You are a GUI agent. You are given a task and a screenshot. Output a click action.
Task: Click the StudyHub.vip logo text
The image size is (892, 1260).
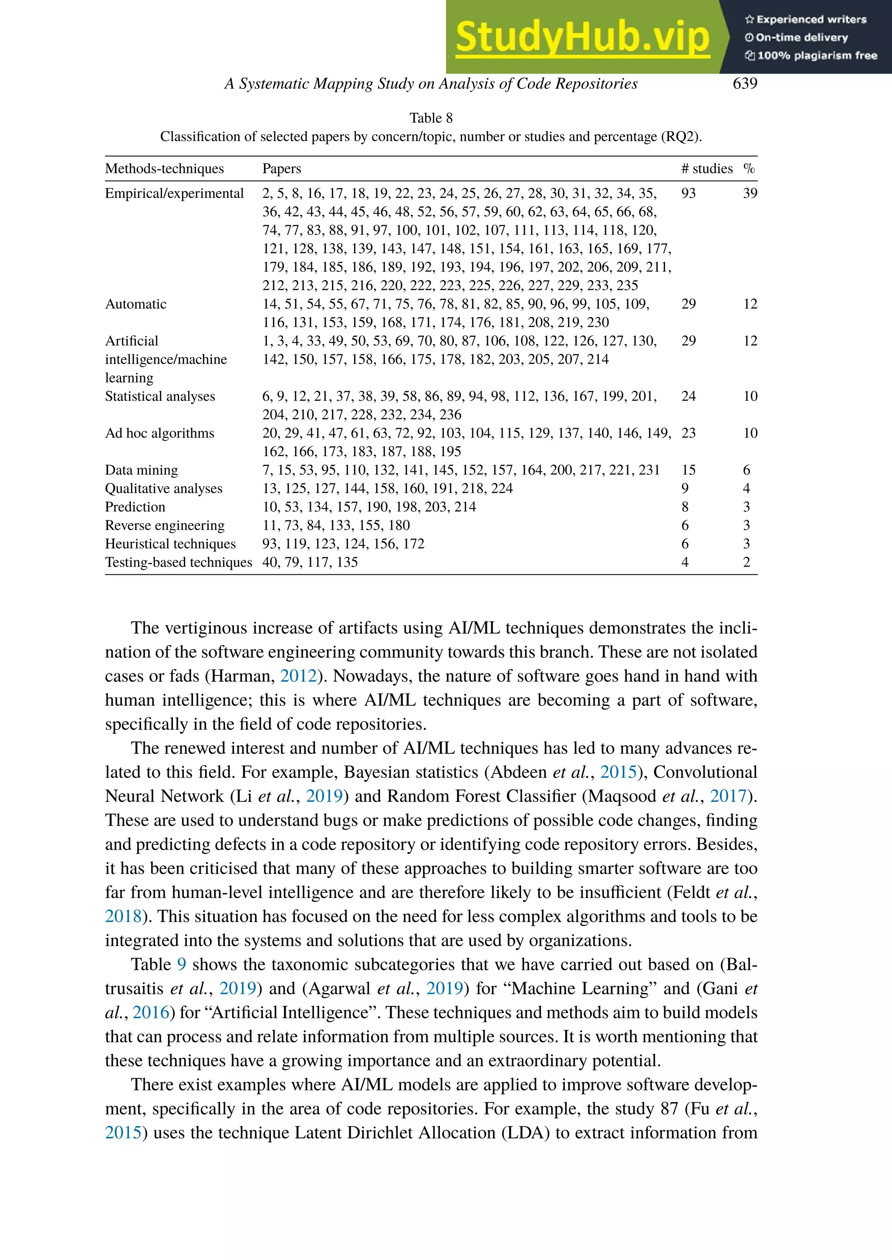[582, 37]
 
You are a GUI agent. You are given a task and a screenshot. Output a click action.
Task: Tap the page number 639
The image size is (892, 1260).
[744, 84]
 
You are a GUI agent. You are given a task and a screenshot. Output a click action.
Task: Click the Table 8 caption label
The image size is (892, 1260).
[431, 118]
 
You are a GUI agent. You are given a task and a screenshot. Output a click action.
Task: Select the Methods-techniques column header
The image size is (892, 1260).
[164, 169]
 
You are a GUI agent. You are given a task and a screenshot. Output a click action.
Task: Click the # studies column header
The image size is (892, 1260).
[706, 169]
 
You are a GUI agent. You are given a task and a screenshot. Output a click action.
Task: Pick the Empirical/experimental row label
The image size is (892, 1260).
[174, 193]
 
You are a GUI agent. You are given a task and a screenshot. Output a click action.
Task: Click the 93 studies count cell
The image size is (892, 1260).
[688, 193]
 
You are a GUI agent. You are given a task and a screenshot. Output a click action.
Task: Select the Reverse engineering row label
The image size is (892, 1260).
[165, 526]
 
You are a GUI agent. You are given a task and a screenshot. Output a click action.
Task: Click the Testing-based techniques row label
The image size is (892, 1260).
[179, 562]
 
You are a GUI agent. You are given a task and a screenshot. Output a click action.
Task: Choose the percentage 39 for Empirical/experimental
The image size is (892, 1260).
[750, 193]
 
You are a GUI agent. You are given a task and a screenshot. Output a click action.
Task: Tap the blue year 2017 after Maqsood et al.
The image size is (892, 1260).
[728, 796]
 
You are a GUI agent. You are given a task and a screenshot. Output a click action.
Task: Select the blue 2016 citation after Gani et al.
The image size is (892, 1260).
[151, 1013]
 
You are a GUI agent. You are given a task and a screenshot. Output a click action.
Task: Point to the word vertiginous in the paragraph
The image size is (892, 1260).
[209, 628]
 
